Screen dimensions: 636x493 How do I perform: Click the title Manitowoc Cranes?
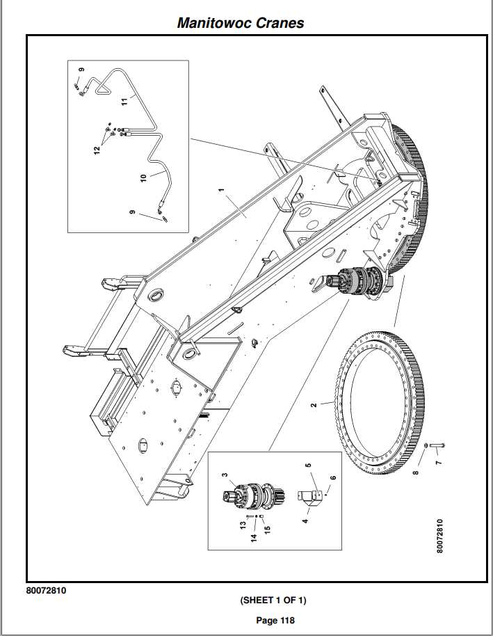(241, 22)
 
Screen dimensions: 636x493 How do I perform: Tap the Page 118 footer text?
(275, 621)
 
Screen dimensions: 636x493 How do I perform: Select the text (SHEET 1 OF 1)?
(273, 600)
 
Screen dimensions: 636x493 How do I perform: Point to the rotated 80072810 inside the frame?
(439, 536)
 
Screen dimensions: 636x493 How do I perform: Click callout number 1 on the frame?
(221, 189)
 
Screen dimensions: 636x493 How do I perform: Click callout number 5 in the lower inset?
(308, 464)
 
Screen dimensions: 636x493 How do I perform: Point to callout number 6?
(333, 478)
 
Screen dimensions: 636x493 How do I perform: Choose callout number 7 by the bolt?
(438, 461)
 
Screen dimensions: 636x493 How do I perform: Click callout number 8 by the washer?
(416, 473)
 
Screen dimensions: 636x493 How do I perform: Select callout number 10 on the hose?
(144, 177)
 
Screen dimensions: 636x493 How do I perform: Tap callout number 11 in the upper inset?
(124, 102)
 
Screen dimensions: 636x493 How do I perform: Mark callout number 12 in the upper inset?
(98, 149)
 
